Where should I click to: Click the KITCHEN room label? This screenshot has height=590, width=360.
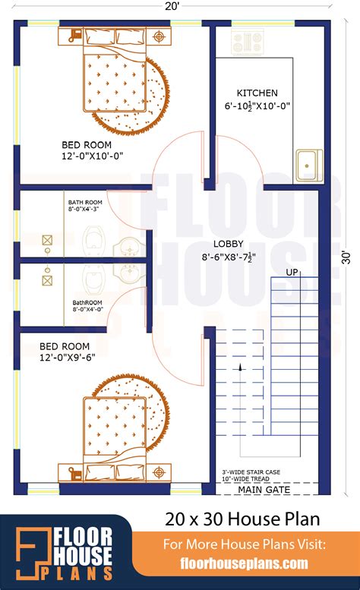[257, 93]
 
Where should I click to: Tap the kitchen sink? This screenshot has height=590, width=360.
[309, 166]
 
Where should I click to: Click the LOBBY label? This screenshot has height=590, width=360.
[229, 244]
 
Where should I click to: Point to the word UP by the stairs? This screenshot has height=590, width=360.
[292, 272]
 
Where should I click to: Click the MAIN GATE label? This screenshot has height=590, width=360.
[264, 490]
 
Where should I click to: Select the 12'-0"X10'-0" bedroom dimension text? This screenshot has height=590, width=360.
[93, 156]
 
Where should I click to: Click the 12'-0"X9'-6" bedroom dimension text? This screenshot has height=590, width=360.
[68, 357]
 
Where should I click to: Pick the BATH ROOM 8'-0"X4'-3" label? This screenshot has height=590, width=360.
[85, 206]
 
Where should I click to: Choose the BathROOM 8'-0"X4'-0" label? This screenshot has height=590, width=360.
[87, 306]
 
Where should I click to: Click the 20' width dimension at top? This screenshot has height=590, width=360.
[170, 6]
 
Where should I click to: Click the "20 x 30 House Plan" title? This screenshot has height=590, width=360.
[242, 519]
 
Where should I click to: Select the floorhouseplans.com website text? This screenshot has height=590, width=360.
[244, 563]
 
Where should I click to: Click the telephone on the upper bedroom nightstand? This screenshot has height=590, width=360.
[75, 36]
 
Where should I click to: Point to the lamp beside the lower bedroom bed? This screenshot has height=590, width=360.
[159, 472]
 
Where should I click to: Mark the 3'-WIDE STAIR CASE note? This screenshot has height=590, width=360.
[251, 472]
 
